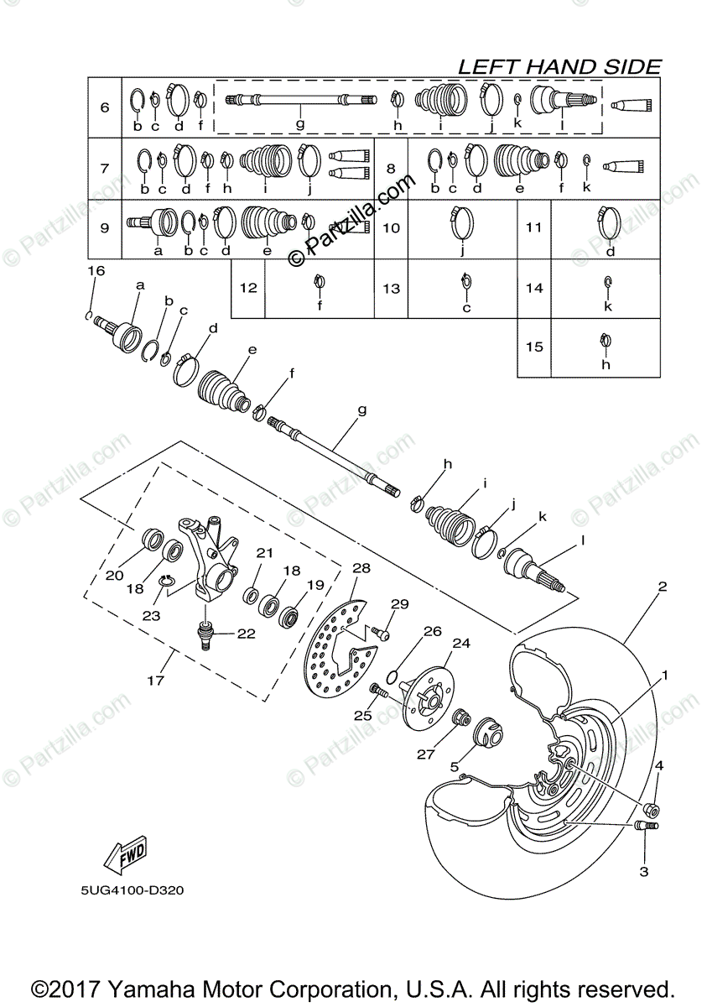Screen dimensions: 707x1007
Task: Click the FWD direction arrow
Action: pyautogui.click(x=124, y=854)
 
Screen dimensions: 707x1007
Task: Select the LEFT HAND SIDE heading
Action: pyautogui.click(x=559, y=67)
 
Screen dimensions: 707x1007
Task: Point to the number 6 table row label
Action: pyautogui.click(x=105, y=107)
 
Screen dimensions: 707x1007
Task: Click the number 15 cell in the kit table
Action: pyautogui.click(x=534, y=347)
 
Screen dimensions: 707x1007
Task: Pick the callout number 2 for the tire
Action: pyautogui.click(x=662, y=587)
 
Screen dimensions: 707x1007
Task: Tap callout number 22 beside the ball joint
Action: pyautogui.click(x=246, y=634)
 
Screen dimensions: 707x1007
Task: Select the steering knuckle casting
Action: pyautogui.click(x=210, y=558)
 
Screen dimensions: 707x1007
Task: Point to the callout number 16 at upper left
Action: pyautogui.click(x=96, y=270)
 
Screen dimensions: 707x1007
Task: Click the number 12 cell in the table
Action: pyautogui.click(x=247, y=288)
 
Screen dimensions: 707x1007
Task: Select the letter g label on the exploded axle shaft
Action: pyautogui.click(x=362, y=411)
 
